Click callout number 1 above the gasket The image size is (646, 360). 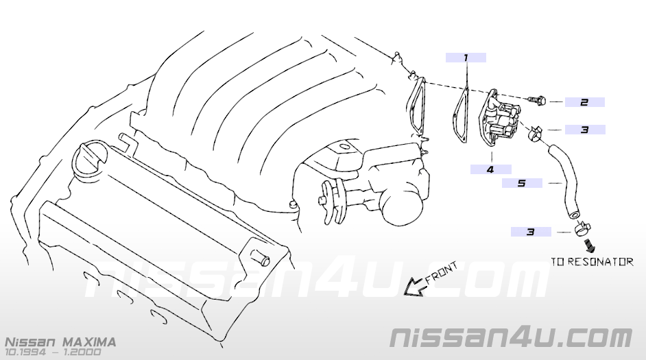465,58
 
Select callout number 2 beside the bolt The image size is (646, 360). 584,103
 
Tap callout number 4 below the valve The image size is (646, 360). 490,169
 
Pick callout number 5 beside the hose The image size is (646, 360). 522,183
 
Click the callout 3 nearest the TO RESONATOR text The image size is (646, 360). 530,232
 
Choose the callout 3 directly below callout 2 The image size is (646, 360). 584,130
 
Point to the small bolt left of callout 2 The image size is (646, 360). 537,101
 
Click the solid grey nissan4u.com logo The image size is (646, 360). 510,337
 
